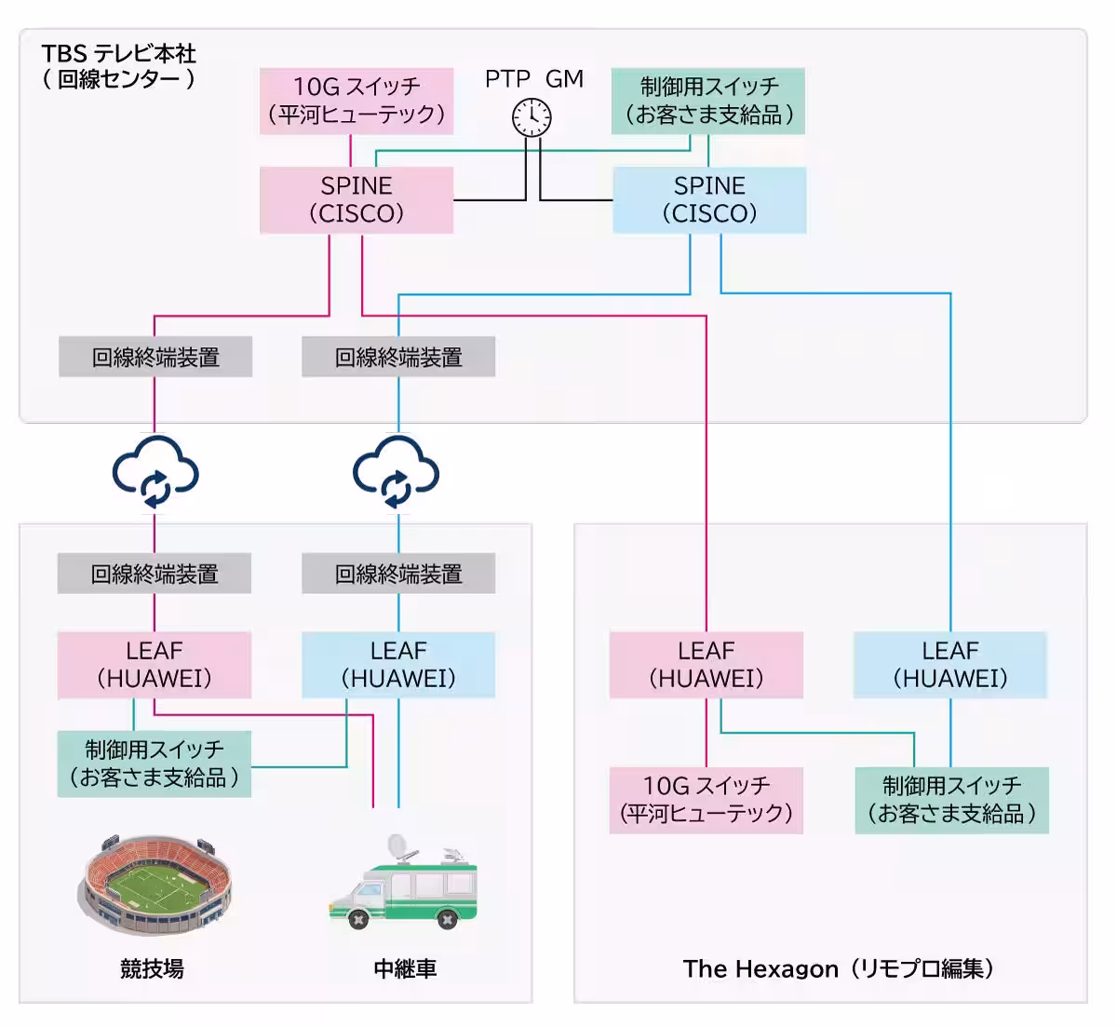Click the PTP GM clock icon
(532, 117)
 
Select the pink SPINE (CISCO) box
(357, 200)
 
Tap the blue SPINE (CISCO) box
(709, 200)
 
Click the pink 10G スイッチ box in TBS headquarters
(357, 101)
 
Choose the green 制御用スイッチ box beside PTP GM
(708, 101)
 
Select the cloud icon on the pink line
(155, 471)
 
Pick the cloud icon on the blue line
(397, 471)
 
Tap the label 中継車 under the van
(405, 968)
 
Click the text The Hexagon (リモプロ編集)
(838, 968)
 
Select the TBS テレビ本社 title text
(119, 54)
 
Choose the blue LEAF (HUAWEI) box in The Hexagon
(950, 665)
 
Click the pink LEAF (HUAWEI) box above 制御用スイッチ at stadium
(155, 665)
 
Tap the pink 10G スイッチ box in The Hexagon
(707, 800)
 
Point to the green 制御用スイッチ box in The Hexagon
(951, 800)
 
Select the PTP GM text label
(533, 79)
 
